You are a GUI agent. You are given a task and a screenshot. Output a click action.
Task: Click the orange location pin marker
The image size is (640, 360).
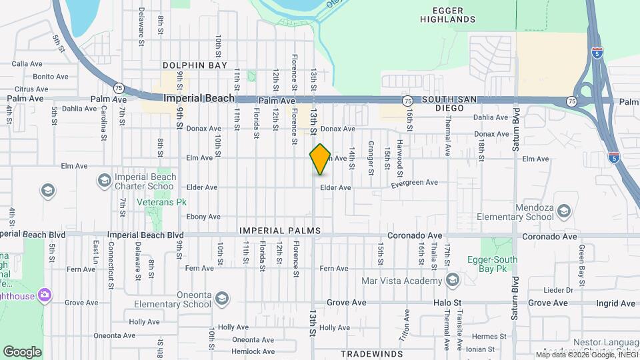321,159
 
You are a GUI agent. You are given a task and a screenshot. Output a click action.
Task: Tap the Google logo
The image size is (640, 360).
22,351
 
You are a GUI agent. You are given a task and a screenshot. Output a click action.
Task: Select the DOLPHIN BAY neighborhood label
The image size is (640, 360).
195,65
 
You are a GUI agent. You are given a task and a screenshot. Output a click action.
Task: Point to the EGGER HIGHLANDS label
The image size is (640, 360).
448,15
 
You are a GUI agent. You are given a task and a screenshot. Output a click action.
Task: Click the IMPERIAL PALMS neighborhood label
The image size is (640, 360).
280,231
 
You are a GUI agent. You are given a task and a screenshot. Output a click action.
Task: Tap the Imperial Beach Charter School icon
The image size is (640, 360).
104,180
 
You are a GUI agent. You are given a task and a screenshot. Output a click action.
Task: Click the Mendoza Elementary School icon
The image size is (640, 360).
564,211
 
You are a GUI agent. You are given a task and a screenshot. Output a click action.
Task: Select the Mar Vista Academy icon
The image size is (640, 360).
453,279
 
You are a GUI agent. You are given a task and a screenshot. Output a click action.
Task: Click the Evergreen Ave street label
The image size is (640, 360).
415,182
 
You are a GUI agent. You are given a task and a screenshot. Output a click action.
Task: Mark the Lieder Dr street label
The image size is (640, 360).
559,290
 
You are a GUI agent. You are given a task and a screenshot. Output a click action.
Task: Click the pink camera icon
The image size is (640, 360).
45,294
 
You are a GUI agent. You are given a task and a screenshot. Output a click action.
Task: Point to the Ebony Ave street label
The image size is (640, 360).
203,217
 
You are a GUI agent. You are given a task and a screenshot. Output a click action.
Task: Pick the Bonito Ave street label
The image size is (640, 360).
51,77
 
